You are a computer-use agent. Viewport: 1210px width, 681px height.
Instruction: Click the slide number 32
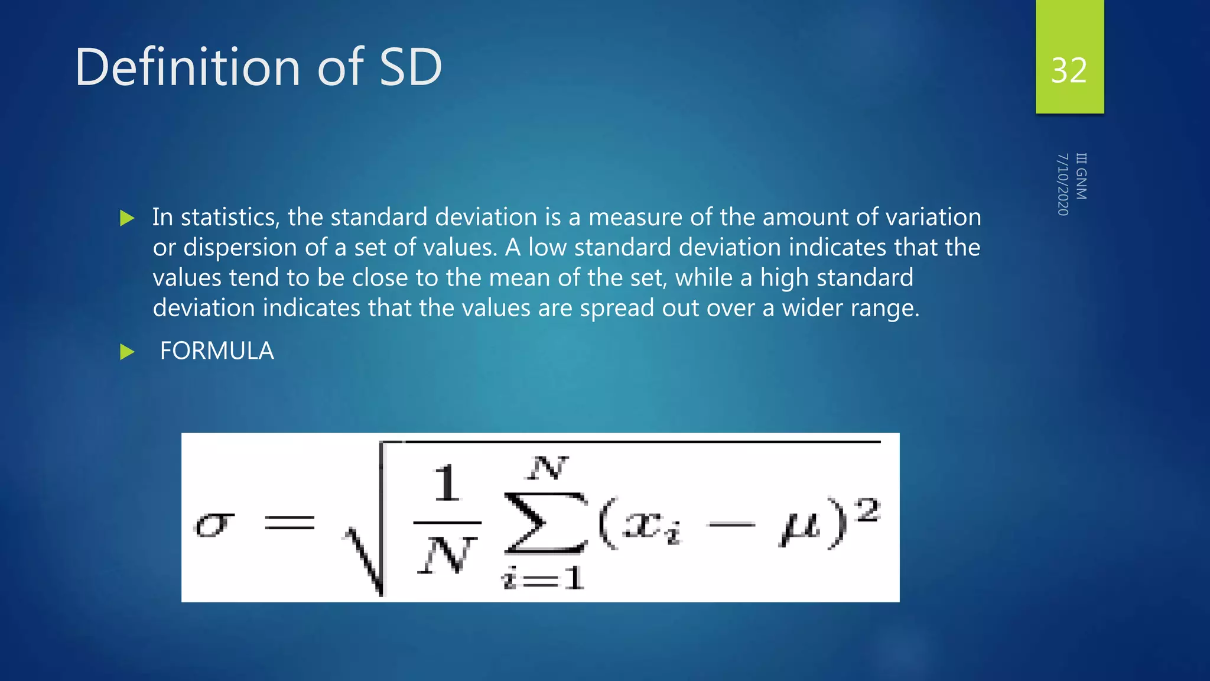1069,70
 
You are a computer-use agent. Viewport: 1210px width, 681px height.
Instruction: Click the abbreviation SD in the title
410,67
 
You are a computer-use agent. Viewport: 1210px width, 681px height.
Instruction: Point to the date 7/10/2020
1063,184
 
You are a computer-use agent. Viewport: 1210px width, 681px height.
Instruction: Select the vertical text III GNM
1081,176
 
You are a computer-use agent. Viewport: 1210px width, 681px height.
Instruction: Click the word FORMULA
217,351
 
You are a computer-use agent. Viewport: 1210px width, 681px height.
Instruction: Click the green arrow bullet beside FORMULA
127,352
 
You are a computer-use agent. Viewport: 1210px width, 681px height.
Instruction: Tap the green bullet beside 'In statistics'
127,218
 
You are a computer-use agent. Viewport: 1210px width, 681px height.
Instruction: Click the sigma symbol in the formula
214,524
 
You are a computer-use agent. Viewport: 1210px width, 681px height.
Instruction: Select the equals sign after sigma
289,522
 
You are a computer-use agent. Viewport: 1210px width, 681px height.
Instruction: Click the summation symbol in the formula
545,523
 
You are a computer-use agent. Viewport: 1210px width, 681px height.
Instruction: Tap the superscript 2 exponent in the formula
868,510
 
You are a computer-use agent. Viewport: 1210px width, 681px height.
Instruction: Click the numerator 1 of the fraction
447,483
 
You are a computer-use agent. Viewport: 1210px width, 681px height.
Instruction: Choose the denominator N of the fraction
446,556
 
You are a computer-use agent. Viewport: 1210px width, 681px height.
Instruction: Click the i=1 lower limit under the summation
543,578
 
